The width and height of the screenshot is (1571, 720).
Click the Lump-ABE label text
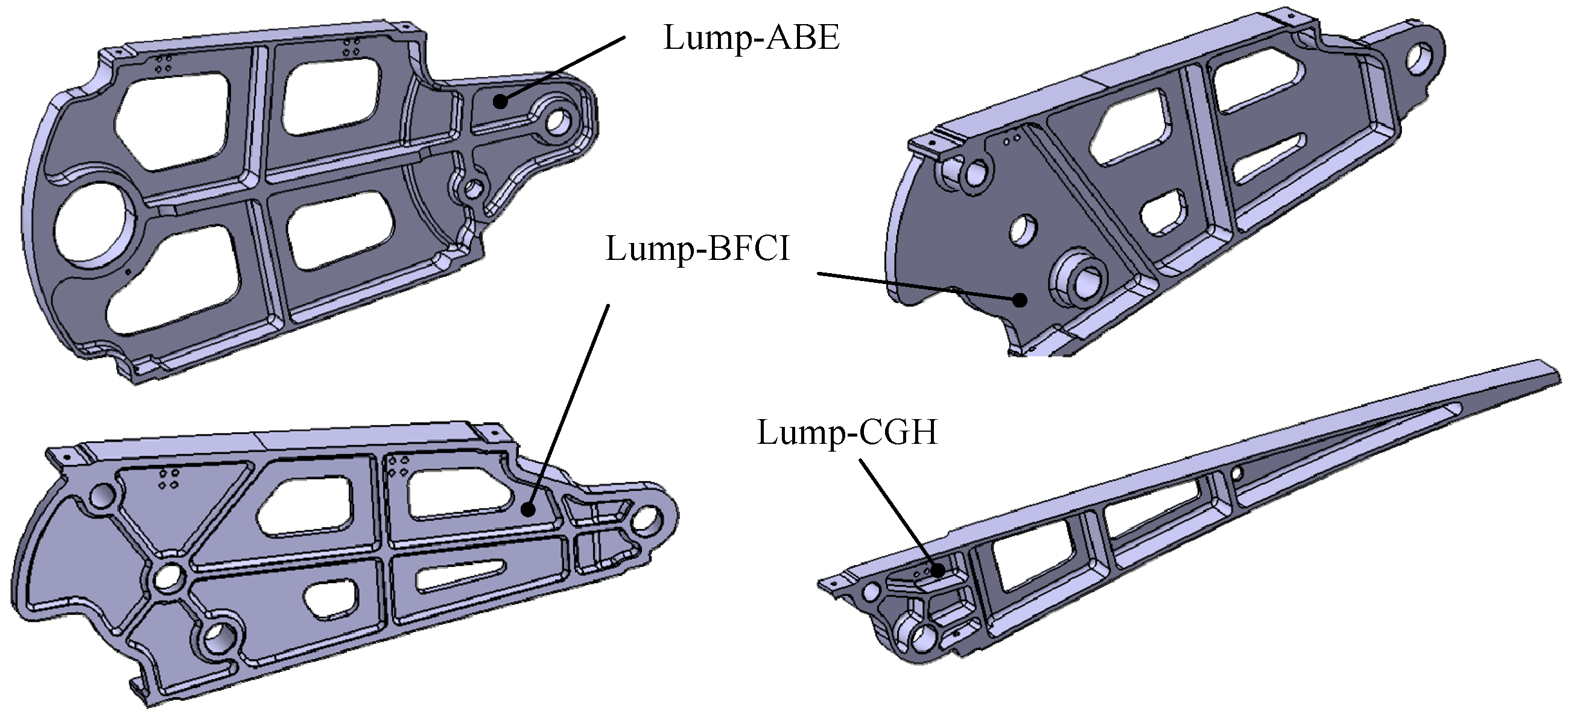[x=751, y=38]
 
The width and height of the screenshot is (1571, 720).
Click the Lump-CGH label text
[x=846, y=432]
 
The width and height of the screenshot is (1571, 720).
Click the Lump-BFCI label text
[x=697, y=248]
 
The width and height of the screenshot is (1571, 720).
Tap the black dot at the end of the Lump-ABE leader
[x=500, y=101]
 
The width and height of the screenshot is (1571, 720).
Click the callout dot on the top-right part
[x=1019, y=299]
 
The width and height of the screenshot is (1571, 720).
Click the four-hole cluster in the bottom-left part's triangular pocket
[x=168, y=479]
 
